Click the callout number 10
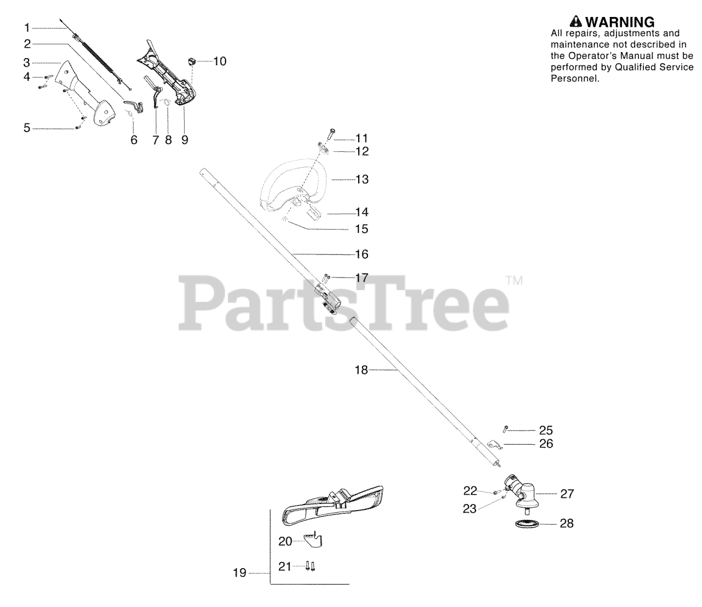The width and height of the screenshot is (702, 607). (x=219, y=61)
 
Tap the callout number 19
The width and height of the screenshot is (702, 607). (x=240, y=574)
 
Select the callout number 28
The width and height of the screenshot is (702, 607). (x=567, y=524)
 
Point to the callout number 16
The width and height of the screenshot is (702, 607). (x=362, y=254)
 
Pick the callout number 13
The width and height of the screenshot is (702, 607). (x=362, y=179)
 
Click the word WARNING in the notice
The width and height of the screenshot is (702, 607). (x=620, y=22)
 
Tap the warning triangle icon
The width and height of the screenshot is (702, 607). (x=575, y=22)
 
